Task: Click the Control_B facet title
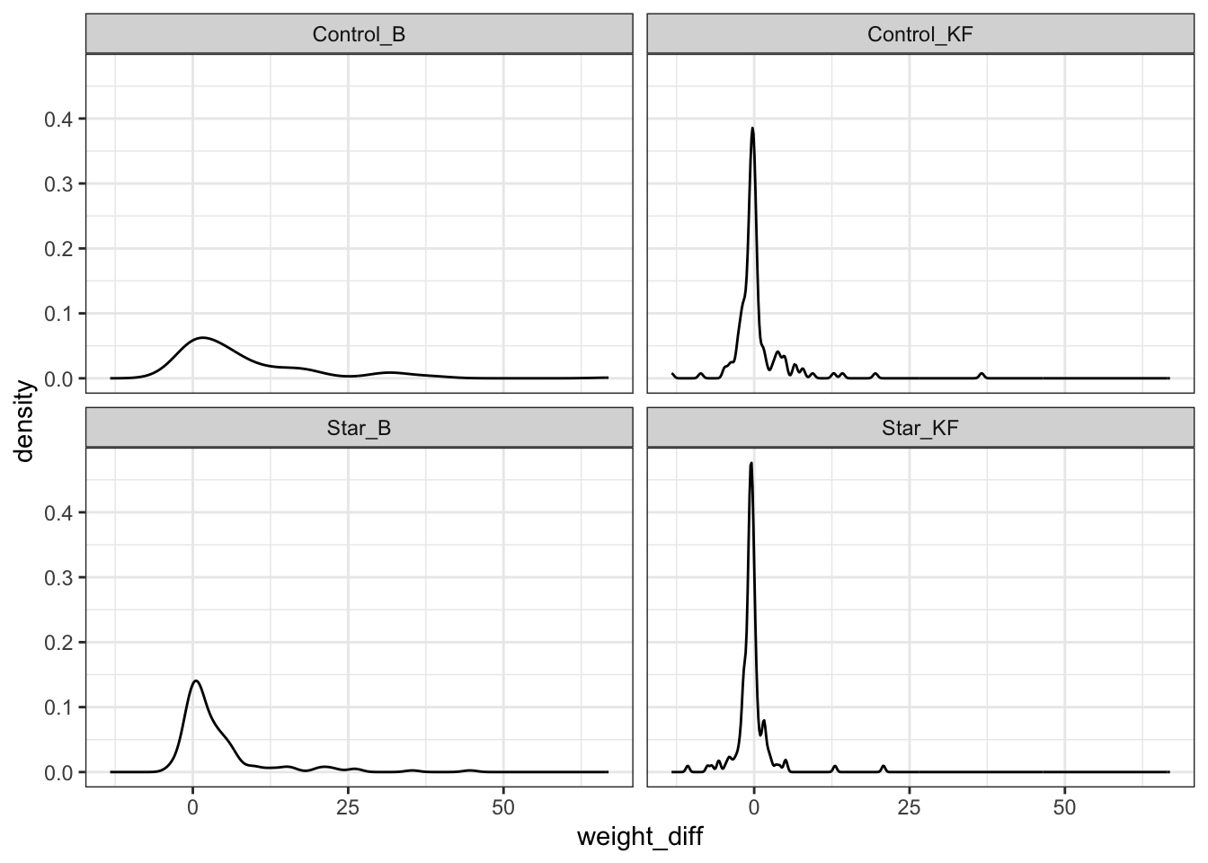(x=359, y=34)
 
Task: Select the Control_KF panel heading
(x=920, y=34)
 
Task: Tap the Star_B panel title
(x=359, y=428)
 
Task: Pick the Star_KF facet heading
(x=920, y=428)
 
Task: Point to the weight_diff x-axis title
(x=639, y=838)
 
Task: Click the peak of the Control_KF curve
(x=752, y=129)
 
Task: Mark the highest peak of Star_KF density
(x=751, y=463)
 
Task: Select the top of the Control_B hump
(x=203, y=338)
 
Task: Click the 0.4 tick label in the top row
(x=60, y=119)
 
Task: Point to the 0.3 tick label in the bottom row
(x=60, y=577)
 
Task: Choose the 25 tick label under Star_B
(x=348, y=806)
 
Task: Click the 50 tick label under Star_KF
(x=1064, y=806)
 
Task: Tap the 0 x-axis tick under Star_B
(x=192, y=806)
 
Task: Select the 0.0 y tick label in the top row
(x=60, y=378)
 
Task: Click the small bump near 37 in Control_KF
(x=981, y=373)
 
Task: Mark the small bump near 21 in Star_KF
(x=884, y=766)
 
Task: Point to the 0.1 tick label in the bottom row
(x=60, y=707)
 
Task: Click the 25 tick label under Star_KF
(x=909, y=806)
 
